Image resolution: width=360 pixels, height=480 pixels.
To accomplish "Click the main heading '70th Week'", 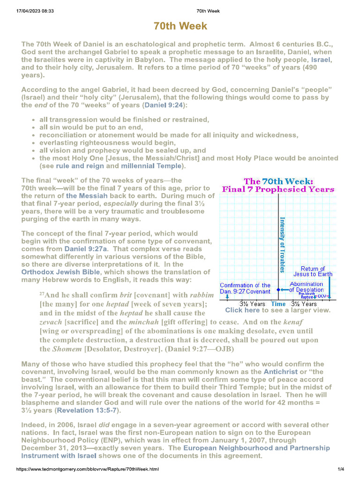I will point(180,26).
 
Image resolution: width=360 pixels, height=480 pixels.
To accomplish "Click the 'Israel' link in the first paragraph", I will point(321,60).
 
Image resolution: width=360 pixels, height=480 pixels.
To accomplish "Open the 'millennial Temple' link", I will point(150,166).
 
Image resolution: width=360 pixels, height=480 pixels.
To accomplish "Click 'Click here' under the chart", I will point(242,310).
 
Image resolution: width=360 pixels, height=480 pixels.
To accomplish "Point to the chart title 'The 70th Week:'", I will point(278,181).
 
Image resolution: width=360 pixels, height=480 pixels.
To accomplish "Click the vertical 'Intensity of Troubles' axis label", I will point(283,244).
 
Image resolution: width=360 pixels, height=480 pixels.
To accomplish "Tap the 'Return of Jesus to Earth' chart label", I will point(313,271).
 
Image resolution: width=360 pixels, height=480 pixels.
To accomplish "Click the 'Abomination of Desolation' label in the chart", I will point(307,287).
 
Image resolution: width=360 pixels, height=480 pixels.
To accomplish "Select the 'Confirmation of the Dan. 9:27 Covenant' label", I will point(245,288).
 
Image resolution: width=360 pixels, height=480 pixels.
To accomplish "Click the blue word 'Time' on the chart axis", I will point(278,304).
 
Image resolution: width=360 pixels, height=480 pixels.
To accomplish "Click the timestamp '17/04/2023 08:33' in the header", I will point(29,11).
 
